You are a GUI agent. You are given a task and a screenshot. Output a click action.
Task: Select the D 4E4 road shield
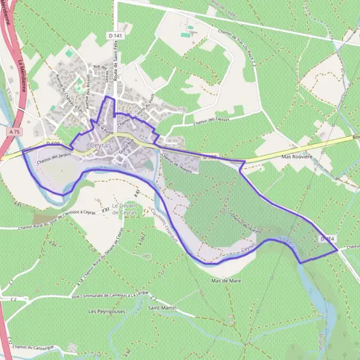pyautogui.click(x=327, y=239)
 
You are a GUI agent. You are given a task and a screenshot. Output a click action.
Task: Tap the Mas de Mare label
pyautogui.click(x=221, y=280)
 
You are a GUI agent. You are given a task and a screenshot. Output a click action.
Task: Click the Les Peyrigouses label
pyautogui.click(x=104, y=311)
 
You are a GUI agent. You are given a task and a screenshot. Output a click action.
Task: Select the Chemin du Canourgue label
pyautogui.click(x=38, y=347)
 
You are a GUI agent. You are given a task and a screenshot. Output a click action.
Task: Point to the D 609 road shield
pyautogui.click(x=53, y=144)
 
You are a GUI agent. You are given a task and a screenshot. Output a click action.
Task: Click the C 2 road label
pyautogui.click(x=13, y=298)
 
